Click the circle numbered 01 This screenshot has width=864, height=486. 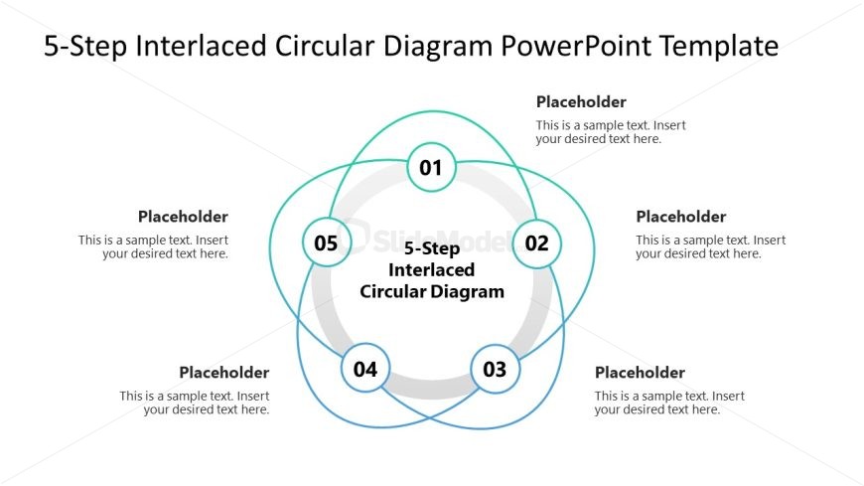431,167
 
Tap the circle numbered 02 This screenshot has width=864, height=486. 536,243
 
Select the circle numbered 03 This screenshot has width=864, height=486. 495,370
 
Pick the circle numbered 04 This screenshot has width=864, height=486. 365,370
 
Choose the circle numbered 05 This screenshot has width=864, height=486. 326,243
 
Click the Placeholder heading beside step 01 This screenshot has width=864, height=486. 581,101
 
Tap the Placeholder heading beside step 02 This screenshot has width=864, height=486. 680,217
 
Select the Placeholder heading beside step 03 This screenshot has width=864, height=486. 640,373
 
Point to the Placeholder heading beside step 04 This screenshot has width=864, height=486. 224,373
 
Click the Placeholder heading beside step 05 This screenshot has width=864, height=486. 184,217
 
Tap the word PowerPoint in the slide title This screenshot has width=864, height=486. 578,46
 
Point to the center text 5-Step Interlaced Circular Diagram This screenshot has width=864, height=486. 432,270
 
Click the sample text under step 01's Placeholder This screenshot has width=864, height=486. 611,132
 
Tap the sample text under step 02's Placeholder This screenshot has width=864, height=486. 710,246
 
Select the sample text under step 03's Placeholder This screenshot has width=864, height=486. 669,403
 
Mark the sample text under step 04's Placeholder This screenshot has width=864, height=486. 195,403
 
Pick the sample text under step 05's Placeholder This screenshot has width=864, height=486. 154,246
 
